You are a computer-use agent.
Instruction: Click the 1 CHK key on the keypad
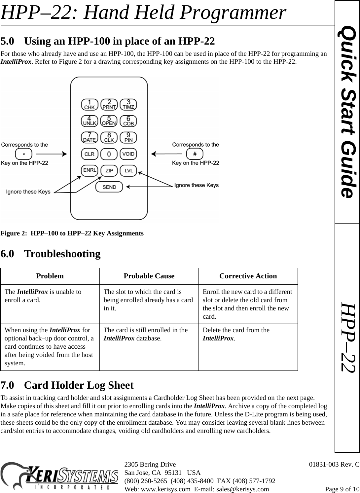[x=90, y=104]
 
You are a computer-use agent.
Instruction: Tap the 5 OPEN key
[x=109, y=121]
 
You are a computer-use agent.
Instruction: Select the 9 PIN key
[x=128, y=137]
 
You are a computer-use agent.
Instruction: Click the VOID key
[x=128, y=154]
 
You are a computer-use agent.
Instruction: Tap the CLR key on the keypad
[x=90, y=154]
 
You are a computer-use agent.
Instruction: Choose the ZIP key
[x=109, y=170]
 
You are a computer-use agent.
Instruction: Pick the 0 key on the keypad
[x=109, y=154]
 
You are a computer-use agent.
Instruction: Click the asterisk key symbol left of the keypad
[x=24, y=154]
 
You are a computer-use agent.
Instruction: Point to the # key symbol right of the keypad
[x=195, y=154]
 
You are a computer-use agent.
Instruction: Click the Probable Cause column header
[x=149, y=276]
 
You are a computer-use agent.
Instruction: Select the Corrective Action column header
[x=248, y=276]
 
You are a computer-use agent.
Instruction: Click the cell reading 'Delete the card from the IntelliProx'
[x=236, y=334]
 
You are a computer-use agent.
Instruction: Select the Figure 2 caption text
[x=72, y=233]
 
